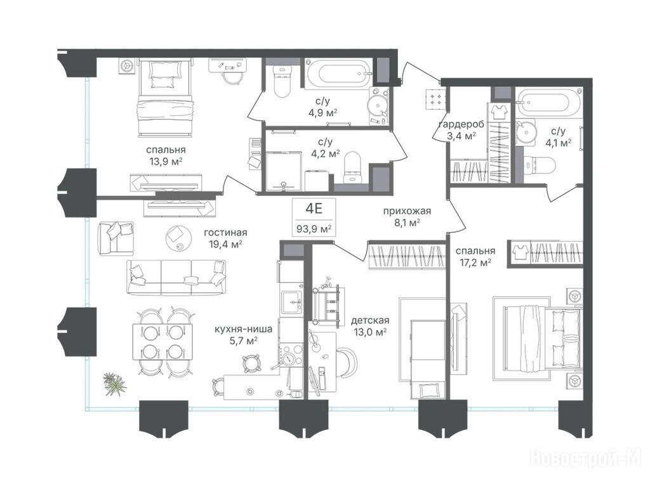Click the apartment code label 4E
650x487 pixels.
click(x=314, y=208)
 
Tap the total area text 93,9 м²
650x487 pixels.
click(x=314, y=228)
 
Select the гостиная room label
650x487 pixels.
click(x=225, y=233)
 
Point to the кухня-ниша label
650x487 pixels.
click(x=243, y=330)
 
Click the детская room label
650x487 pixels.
click(x=370, y=320)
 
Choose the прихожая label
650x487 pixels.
click(x=407, y=211)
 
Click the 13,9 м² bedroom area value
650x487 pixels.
click(x=166, y=162)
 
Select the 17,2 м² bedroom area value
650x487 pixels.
click(x=475, y=262)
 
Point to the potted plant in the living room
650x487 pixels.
click(x=114, y=384)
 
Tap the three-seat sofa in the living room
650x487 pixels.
click(x=176, y=278)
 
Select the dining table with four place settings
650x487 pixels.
click(x=163, y=342)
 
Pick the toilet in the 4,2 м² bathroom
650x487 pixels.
click(x=353, y=167)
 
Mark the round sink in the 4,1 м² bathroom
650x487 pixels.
click(x=526, y=132)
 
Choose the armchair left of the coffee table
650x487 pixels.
click(x=116, y=238)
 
